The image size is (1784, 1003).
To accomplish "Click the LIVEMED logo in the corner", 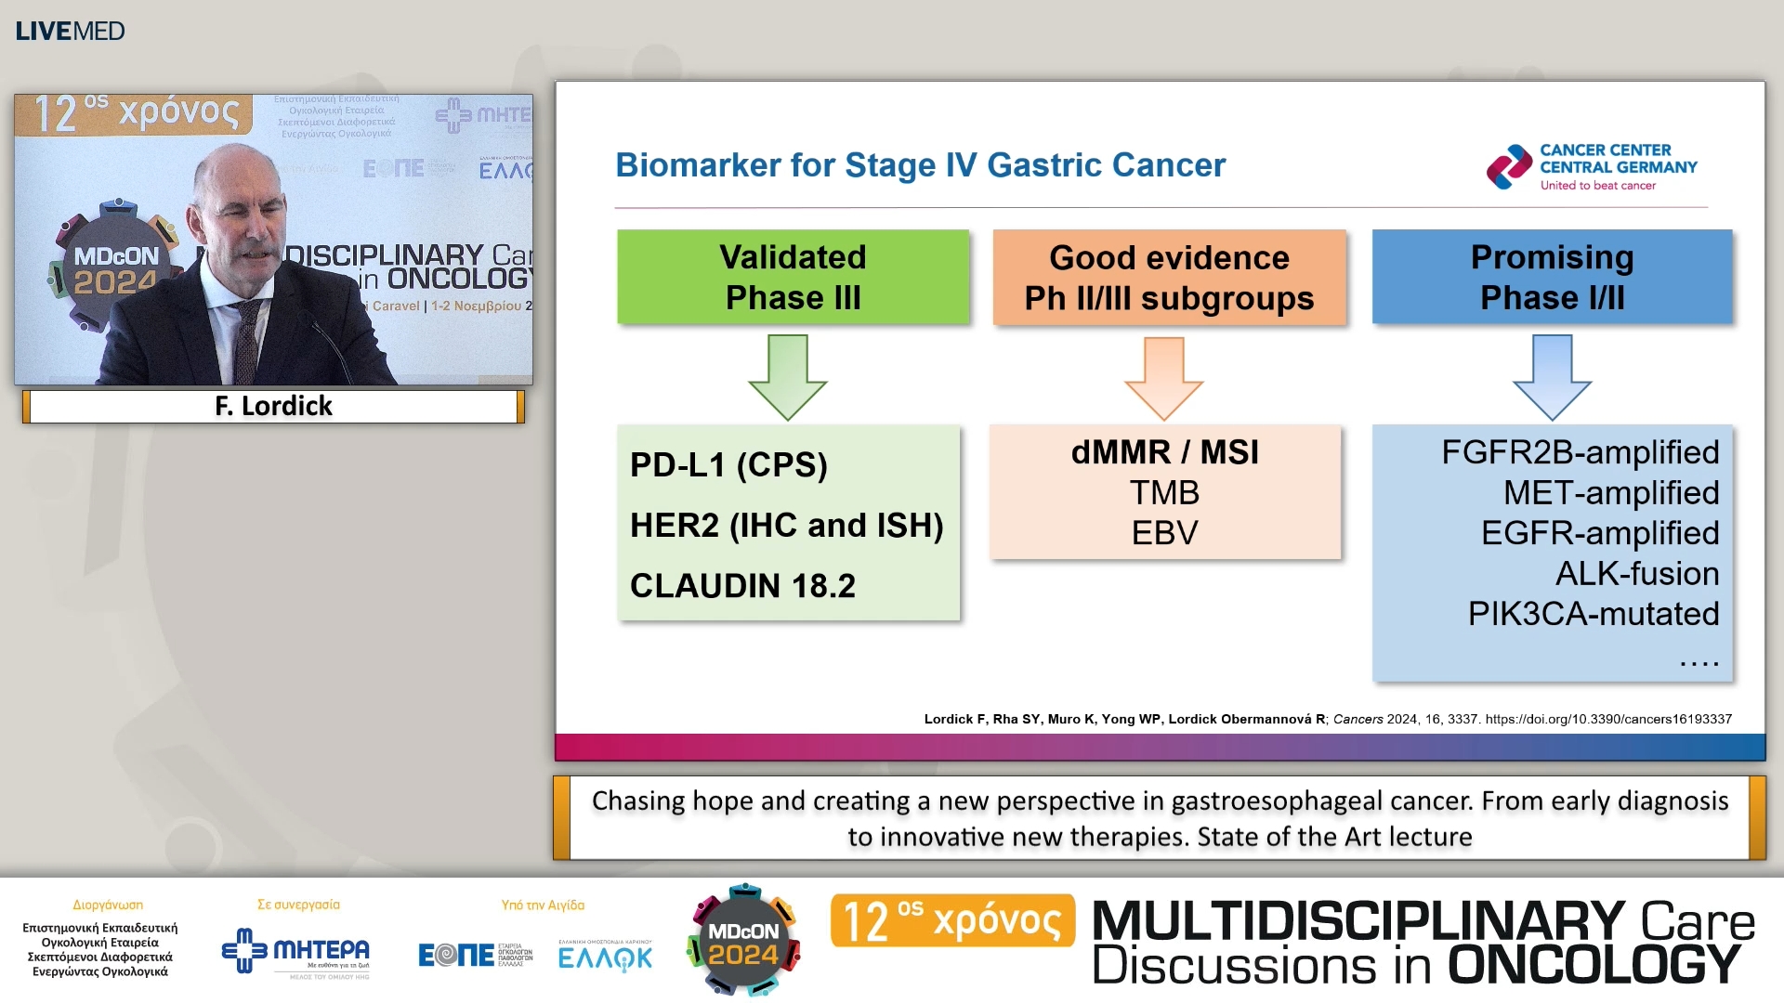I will (x=70, y=31).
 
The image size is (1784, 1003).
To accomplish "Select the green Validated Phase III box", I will (x=793, y=277).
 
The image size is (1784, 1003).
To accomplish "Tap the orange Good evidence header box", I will (x=1169, y=277).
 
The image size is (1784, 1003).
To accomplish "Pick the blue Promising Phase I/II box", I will (x=1552, y=277).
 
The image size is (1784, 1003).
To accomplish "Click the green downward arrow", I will (x=787, y=376).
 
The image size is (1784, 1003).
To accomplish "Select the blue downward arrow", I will (x=1552, y=376).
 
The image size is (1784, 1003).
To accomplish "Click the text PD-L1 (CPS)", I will (x=728, y=464).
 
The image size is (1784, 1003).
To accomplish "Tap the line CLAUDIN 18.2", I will (x=742, y=585).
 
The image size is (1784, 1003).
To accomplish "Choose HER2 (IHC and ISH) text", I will (x=786, y=525).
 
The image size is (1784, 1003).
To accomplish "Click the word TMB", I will (x=1164, y=492).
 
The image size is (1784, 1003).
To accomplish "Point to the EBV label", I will (x=1164, y=533).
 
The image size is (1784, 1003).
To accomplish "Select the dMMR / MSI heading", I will (x=1164, y=452).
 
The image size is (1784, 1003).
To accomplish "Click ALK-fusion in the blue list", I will (x=1637, y=573).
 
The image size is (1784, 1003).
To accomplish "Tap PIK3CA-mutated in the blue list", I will (x=1593, y=614).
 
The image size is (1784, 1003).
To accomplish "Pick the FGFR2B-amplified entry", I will (x=1580, y=452).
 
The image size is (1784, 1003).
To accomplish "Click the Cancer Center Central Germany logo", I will (x=1591, y=167).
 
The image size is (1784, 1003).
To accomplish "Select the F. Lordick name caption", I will (x=273, y=406).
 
